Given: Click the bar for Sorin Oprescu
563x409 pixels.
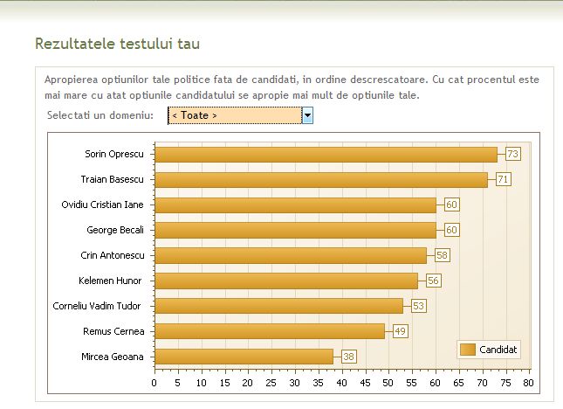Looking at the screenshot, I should pyautogui.click(x=326, y=155).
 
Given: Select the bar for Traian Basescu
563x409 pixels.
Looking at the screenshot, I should pyautogui.click(x=320, y=180).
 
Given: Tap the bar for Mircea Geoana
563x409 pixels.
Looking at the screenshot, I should pyautogui.click(x=244, y=357).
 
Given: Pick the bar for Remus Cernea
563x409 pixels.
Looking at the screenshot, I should pyautogui.click(x=269, y=331).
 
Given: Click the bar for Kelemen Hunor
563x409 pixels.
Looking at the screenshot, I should pyautogui.click(x=285, y=281).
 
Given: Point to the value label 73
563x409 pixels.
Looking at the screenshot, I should pyautogui.click(x=512, y=155).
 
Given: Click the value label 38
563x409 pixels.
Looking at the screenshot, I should pyautogui.click(x=348, y=357).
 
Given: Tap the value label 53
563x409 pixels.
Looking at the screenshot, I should pyautogui.click(x=418, y=306).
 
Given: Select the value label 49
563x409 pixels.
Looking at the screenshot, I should pyautogui.click(x=400, y=331).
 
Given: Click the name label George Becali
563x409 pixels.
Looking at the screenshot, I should pyautogui.click(x=115, y=231).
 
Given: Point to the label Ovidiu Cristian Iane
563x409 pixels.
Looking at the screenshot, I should pyautogui.click(x=102, y=205).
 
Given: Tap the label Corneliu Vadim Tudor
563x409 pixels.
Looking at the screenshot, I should pyautogui.click(x=102, y=306).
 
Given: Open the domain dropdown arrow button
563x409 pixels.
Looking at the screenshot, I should pyautogui.click(x=307, y=115).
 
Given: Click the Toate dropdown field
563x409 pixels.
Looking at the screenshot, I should pyautogui.click(x=235, y=115).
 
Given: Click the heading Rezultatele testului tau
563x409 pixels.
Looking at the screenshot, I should pyautogui.click(x=122, y=43).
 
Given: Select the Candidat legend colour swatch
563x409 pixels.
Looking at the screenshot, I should pyautogui.click(x=467, y=350).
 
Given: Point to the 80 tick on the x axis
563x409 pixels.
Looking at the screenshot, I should pyautogui.click(x=528, y=383).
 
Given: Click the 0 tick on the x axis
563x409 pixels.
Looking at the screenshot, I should pyautogui.click(x=154, y=383).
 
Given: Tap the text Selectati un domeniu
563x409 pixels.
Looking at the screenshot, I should pyautogui.click(x=100, y=115).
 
